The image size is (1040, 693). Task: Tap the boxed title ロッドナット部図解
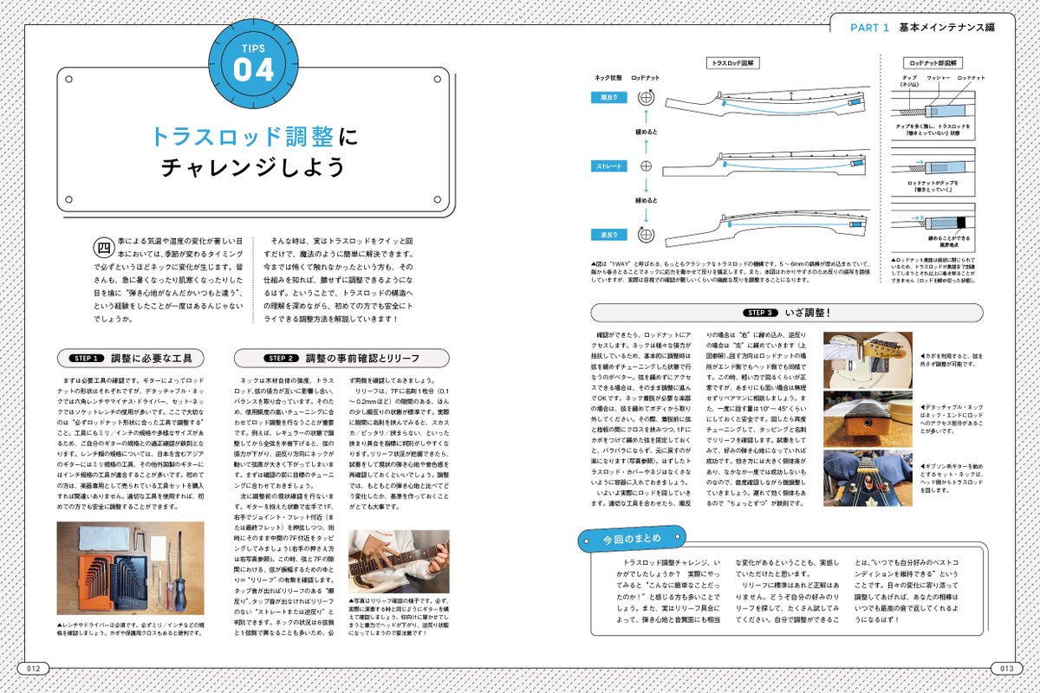point(937,63)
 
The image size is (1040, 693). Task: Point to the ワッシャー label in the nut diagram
point(939,78)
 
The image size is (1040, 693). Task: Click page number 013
point(1004,668)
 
